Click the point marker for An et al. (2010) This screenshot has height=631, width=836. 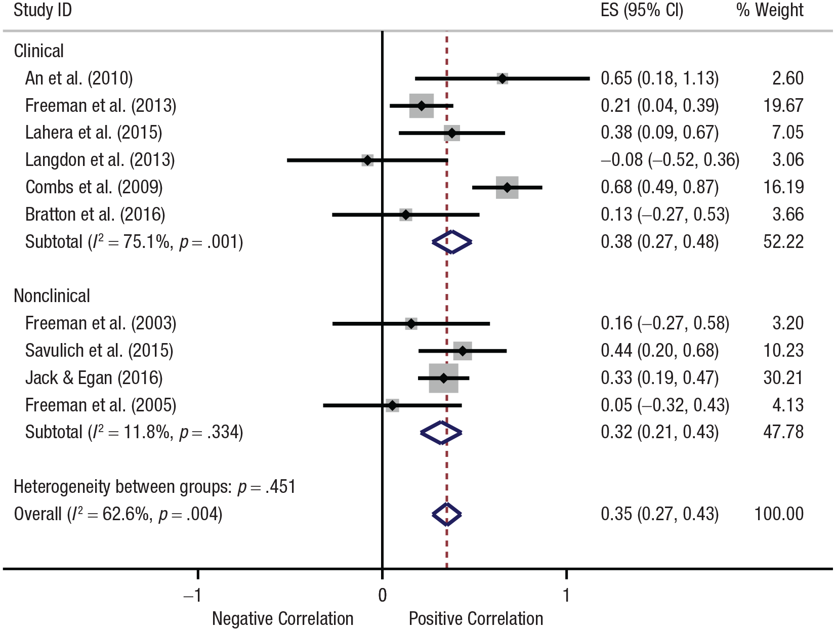click(x=503, y=79)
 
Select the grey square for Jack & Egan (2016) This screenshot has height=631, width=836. click(x=443, y=378)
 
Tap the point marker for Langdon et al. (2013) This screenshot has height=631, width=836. click(x=367, y=160)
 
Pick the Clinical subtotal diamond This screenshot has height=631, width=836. click(x=452, y=242)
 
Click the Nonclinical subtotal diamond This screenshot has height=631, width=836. click(x=441, y=433)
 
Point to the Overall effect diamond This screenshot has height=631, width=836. click(x=447, y=514)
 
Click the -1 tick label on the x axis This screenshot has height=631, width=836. click(x=192, y=595)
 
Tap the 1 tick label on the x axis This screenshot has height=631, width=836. click(x=566, y=595)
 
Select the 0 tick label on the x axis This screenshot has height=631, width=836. click(x=383, y=595)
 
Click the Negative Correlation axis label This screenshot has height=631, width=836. click(x=282, y=619)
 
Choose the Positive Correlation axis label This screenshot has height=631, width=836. click(x=476, y=619)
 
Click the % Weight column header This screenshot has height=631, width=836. click(x=770, y=10)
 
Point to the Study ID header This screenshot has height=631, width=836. click(x=43, y=10)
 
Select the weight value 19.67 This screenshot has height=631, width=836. click(x=783, y=105)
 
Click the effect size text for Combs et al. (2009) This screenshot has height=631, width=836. click(x=660, y=187)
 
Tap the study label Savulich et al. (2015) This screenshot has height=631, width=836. click(x=99, y=351)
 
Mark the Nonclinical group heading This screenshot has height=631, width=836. click(x=52, y=296)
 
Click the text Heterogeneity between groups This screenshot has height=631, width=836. click(x=122, y=487)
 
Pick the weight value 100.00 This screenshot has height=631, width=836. click(x=779, y=514)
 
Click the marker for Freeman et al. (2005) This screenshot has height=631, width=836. click(x=392, y=405)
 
